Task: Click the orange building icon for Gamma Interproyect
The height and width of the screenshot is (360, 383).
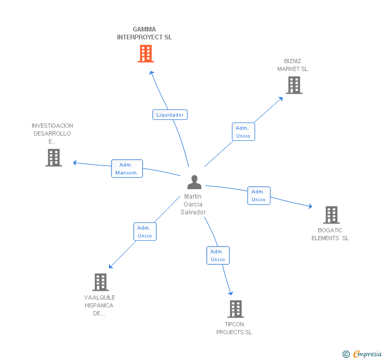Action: tap(146, 54)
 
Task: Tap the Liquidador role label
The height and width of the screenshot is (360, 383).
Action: tap(170, 115)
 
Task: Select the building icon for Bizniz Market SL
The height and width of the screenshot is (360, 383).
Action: tap(294, 85)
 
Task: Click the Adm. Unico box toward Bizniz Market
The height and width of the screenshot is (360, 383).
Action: tap(243, 132)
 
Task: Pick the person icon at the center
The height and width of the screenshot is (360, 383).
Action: tap(194, 182)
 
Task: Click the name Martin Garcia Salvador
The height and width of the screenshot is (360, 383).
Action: tap(193, 204)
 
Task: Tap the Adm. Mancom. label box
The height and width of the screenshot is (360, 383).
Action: tap(127, 169)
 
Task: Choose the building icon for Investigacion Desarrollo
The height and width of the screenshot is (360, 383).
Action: tap(54, 158)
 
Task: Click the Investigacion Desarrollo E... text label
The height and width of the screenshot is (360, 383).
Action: tap(52, 133)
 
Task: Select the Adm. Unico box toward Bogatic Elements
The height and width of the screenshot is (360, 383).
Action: tap(258, 196)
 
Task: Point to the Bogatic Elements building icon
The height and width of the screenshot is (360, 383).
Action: tap(331, 215)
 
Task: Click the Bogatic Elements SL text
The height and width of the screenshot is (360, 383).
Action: tap(330, 234)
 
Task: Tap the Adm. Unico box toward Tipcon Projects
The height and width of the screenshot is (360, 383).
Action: tap(218, 255)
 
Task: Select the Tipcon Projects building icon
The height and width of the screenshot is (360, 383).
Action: tap(236, 309)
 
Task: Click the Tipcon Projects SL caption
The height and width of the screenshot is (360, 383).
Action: tap(234, 328)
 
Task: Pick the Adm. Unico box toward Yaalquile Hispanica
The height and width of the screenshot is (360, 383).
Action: tap(145, 232)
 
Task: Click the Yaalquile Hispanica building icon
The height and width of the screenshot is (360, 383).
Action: tap(100, 282)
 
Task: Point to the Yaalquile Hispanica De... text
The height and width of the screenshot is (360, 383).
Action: tap(99, 305)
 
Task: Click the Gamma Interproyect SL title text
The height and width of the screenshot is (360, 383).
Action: tap(144, 34)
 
